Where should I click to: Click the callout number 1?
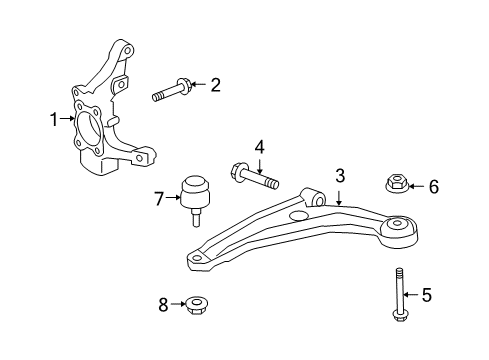[56, 121]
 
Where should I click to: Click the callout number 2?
[214, 85]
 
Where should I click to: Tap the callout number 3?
[340, 176]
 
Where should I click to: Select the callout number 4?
[259, 148]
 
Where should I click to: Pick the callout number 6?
[433, 185]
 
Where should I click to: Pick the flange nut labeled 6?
[396, 183]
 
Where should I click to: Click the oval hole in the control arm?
[297, 215]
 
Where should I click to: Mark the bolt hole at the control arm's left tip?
[198, 260]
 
